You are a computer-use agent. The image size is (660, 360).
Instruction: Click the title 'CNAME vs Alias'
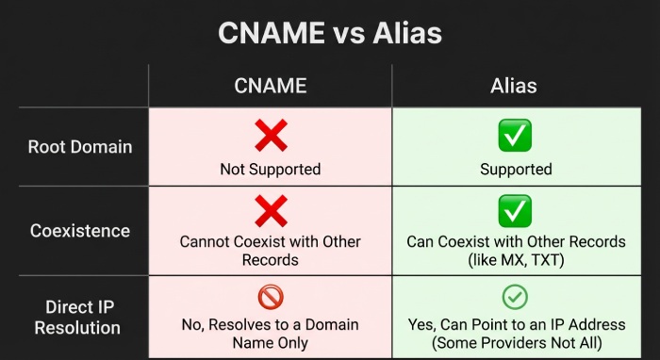329,34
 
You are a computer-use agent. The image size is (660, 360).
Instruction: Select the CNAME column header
271,86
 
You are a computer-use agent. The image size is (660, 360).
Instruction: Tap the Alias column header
514,86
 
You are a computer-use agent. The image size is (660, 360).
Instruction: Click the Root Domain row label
80,147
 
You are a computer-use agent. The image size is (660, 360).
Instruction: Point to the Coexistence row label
80,231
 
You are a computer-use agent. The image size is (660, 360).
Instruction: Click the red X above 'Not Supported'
271,137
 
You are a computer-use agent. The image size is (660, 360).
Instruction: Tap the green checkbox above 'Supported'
515,137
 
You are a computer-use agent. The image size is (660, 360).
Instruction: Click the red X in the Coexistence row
271,211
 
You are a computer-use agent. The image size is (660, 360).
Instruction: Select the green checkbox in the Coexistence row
515,211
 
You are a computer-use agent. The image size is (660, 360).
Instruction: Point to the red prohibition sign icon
271,297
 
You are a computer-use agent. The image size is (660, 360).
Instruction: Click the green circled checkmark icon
515,297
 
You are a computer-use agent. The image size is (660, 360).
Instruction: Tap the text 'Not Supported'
271,170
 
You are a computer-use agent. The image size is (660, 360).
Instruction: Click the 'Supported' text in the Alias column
515,170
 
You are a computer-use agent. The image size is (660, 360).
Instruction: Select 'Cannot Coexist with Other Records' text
271,251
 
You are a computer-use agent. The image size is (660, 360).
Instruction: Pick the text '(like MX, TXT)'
516,259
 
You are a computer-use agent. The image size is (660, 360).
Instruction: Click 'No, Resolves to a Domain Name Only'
271,333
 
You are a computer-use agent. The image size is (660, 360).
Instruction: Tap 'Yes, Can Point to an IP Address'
516,324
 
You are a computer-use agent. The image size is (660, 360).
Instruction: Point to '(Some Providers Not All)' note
516,342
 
